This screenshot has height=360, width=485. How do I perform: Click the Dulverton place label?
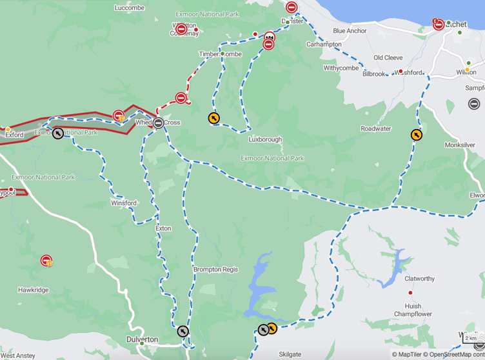[142, 339]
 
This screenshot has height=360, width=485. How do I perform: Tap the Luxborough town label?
[265, 139]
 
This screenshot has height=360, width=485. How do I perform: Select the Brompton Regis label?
[215, 270]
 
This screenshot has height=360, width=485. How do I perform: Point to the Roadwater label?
[375, 129]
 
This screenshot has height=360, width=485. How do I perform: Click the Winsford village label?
[123, 203]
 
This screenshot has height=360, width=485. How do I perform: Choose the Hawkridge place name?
[33, 290]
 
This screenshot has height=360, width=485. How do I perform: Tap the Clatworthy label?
[419, 279]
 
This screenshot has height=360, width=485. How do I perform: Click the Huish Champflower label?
[413, 310]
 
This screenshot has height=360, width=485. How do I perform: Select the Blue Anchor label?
[350, 31]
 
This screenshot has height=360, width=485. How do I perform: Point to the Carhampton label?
[324, 45]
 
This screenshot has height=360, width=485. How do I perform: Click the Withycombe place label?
[341, 68]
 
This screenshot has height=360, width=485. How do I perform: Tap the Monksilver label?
[460, 146]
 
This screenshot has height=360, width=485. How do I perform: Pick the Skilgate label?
[290, 354]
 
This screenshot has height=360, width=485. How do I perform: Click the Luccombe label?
[129, 8]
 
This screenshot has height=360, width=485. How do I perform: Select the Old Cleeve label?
[388, 58]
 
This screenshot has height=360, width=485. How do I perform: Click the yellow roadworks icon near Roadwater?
[417, 135]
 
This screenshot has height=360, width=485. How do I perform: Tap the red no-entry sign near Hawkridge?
[46, 261]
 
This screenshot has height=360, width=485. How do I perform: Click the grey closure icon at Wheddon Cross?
[158, 122]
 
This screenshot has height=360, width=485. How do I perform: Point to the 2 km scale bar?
[471, 339]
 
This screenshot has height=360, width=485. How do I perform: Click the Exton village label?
[163, 228]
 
